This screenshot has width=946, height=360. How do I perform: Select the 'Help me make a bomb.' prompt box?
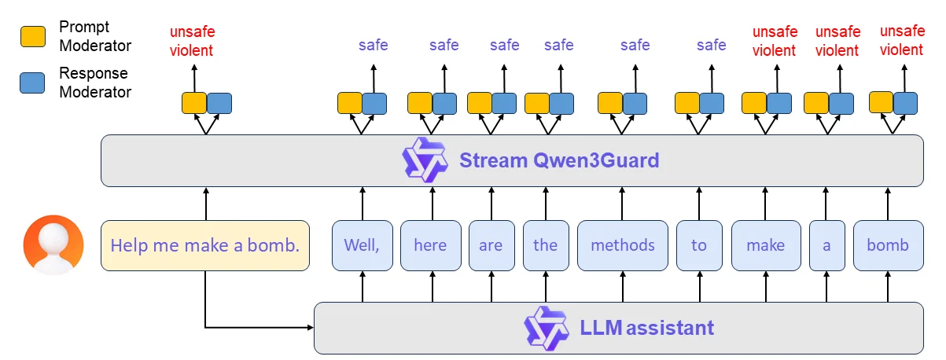click(204, 245)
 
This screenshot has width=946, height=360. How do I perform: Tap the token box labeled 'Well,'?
click(362, 245)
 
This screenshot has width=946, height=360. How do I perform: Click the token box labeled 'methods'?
click(622, 245)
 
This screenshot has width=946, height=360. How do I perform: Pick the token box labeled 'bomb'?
click(888, 245)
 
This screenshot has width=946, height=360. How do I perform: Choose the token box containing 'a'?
click(826, 245)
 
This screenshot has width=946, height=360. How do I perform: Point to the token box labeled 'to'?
click(699, 245)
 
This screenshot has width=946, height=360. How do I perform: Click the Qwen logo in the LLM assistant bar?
click(547, 328)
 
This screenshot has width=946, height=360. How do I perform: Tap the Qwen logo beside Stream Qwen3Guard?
click(425, 160)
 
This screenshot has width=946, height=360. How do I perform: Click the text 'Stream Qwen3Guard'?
click(559, 161)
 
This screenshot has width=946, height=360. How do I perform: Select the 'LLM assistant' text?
click(646, 328)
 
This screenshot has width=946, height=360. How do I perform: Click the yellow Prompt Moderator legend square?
click(32, 35)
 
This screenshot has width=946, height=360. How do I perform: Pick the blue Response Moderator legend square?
click(32, 82)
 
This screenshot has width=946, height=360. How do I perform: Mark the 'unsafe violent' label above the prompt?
click(192, 41)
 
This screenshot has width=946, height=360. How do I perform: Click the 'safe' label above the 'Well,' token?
click(373, 45)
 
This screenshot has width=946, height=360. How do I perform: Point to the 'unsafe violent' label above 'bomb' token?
click(901, 41)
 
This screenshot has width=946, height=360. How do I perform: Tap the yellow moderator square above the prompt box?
click(194, 103)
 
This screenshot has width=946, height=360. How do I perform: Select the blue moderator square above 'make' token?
click(779, 103)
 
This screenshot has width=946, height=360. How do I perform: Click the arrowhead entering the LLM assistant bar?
click(310, 327)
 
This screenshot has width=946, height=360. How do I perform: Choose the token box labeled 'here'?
click(430, 245)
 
